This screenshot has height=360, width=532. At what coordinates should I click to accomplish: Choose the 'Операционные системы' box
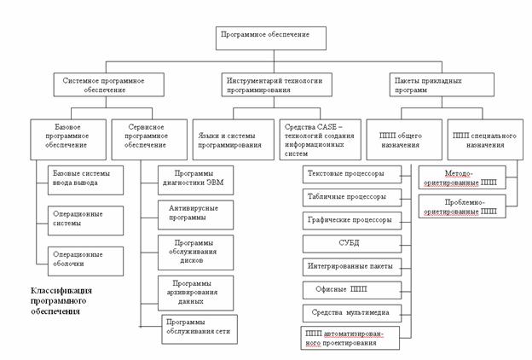(x=85, y=218)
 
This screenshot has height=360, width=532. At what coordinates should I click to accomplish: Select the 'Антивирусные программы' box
(x=196, y=213)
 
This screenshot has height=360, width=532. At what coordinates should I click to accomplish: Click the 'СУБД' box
(x=353, y=243)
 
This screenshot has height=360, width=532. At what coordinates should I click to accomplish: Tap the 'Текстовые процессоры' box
(x=353, y=174)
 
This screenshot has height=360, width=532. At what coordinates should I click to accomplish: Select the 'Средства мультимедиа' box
(x=353, y=312)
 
